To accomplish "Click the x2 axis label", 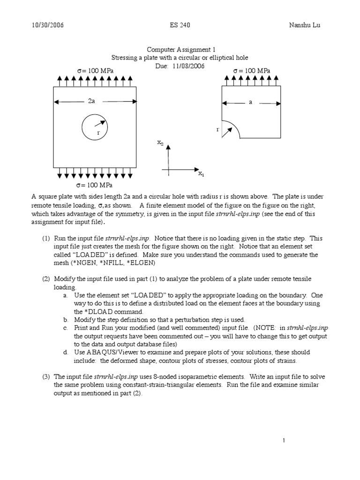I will [160, 142].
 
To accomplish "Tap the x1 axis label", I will [201, 174].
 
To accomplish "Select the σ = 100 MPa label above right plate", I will [251, 70].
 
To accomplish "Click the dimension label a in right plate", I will [251, 102].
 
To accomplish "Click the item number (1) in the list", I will [46, 239].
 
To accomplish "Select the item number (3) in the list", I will [46, 377].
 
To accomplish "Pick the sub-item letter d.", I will [65, 352].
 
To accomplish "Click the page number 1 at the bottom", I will [284, 440].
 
